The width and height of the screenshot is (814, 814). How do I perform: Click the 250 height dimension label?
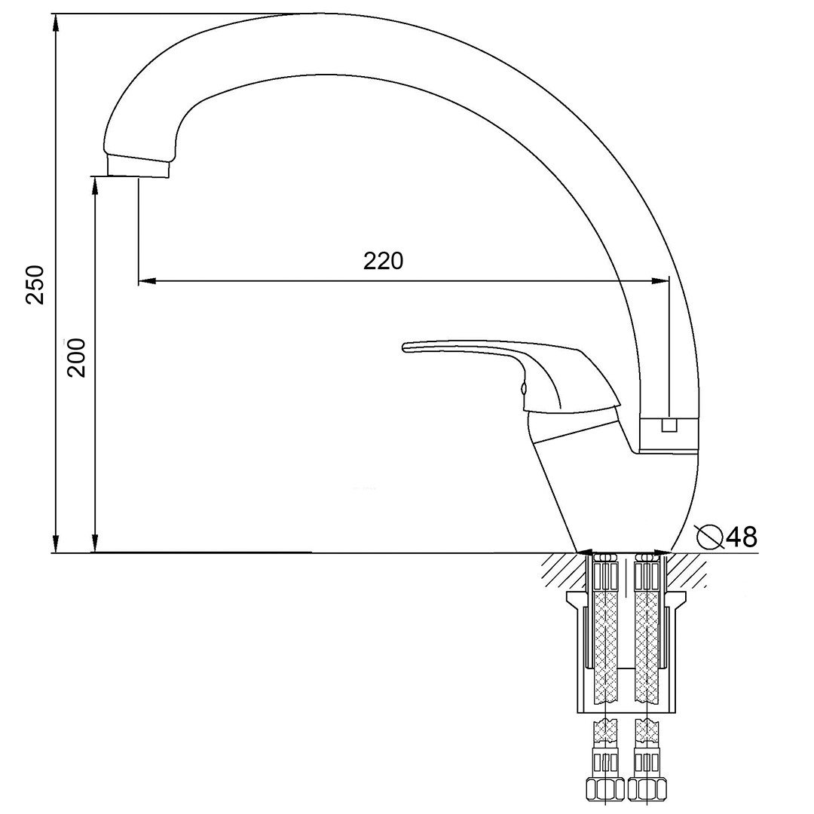point(36,285)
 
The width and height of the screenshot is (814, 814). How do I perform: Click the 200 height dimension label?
point(76,358)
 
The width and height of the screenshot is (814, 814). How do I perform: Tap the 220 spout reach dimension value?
point(383,261)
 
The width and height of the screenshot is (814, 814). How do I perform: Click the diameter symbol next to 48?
point(710,537)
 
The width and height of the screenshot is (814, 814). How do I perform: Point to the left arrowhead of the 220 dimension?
point(146,282)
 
